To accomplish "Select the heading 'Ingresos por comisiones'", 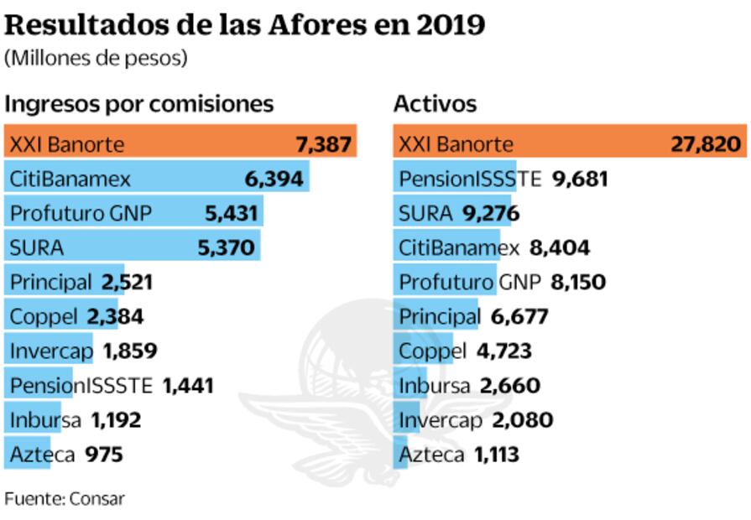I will coord(139,104).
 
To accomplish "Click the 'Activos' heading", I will coord(435,104).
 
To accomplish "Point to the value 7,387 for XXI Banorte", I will coord(323,144).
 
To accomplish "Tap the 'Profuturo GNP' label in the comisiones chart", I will coord(81,213).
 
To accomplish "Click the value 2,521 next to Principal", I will coord(127,282).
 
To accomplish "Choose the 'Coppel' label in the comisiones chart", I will coord(44,317).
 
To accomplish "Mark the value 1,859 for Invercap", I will coord(130,351).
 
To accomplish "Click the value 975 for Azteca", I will coord(104,455).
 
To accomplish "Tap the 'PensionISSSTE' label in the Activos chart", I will coord(470,179).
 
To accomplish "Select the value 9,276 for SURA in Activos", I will coord(491,213).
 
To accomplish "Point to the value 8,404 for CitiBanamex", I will coord(560,247).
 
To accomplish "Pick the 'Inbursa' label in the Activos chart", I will coord(434,386).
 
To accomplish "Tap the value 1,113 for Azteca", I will coord(497,455).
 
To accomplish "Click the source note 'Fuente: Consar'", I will coord(65,498).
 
